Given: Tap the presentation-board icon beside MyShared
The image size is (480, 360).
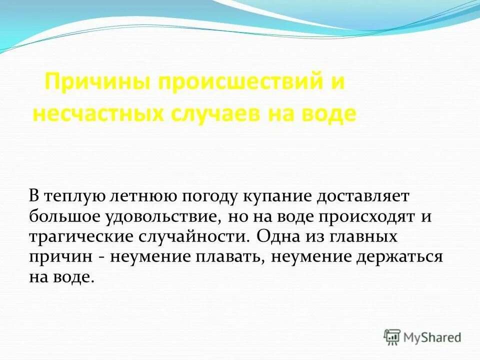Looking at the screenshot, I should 392,336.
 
